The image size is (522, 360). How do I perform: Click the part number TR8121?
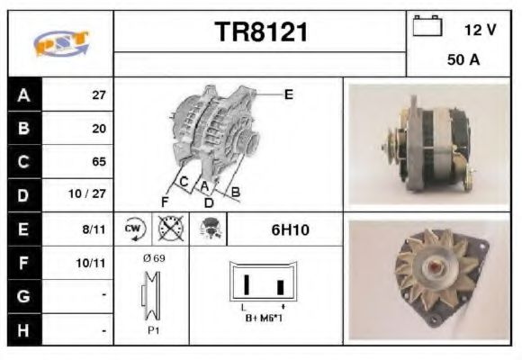coord(261,33)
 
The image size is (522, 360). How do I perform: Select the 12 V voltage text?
coord(479,30)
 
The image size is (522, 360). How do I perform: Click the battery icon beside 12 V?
coord(427,27)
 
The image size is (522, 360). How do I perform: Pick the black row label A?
coord(23,94)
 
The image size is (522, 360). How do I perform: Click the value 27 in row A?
coord(99,94)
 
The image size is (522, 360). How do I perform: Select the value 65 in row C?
coord(99,162)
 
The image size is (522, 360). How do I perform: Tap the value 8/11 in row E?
coord(95,230)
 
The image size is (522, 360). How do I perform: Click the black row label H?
coord(23,330)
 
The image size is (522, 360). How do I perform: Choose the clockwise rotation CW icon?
coord(133,230)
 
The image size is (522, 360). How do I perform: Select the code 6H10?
coord(290,230)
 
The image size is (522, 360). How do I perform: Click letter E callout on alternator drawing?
coord(288,93)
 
